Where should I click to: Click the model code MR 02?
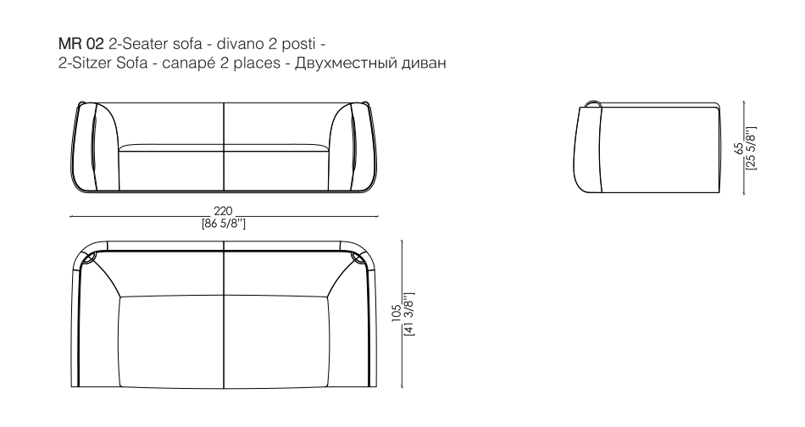[81, 43]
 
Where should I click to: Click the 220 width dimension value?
[224, 211]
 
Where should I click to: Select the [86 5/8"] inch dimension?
[224, 224]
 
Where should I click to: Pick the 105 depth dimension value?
[397, 313]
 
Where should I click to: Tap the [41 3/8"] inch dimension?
[409, 313]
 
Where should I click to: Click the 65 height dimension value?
[739, 147]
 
